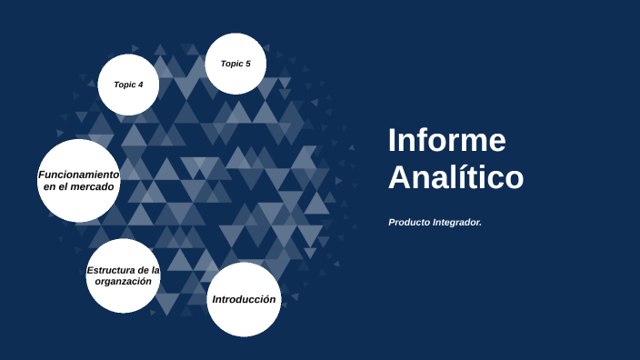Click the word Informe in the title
pos(446,141)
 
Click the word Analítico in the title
pos(455,176)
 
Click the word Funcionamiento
pos(79,174)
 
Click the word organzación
pos(123,282)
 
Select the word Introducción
pos(243,299)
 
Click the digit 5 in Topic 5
pos(247,64)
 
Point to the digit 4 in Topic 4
pos(140,85)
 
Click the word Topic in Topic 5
pos(231,64)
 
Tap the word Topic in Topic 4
pos(124,85)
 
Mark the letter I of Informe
pos(392,141)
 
